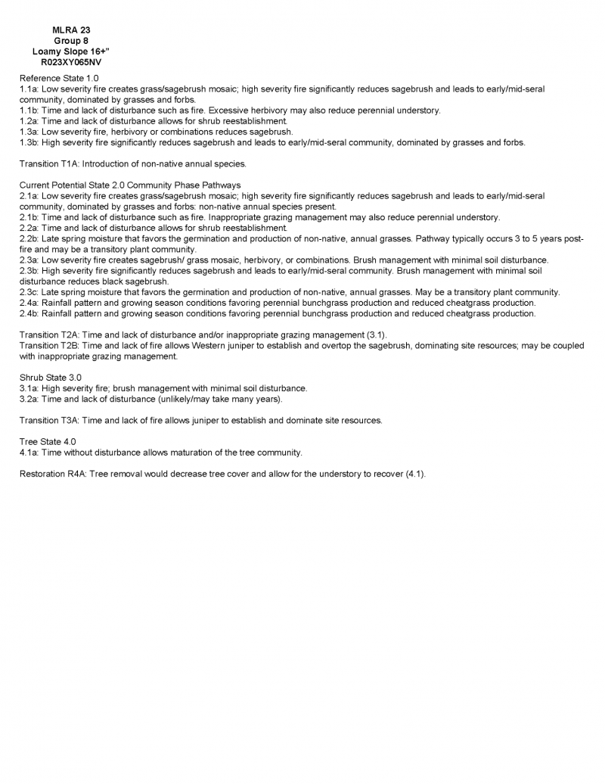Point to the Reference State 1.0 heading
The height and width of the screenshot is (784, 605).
[x=59, y=78]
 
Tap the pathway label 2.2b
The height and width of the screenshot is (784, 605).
[x=29, y=238]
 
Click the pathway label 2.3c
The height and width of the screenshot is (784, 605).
[x=29, y=292]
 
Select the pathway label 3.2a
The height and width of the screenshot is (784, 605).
[x=29, y=399]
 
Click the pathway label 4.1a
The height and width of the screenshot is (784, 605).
[x=29, y=453]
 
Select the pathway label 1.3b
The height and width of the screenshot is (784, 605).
[x=29, y=142]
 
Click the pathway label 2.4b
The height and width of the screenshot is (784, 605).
[x=29, y=313]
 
